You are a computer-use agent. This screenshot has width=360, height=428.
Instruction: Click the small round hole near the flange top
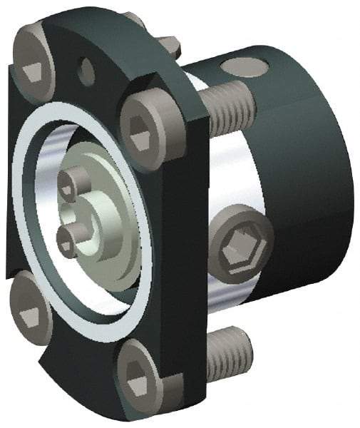click(x=87, y=70)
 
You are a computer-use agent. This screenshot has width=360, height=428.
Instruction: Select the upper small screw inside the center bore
click(x=70, y=187)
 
